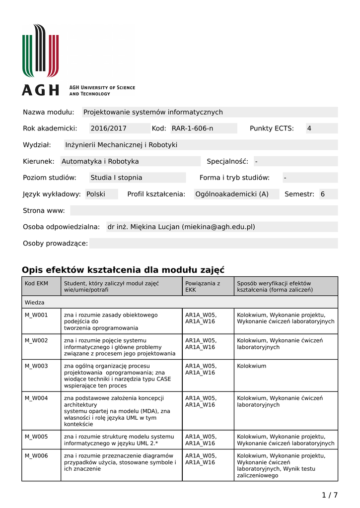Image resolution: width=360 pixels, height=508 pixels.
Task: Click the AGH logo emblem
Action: point(40,51)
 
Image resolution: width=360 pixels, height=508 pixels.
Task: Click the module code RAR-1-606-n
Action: point(192,128)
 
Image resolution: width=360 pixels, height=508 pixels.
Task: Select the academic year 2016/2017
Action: point(108,128)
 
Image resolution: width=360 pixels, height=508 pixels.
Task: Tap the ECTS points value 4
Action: point(309,128)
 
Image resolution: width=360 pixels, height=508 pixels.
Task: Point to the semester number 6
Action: point(323,194)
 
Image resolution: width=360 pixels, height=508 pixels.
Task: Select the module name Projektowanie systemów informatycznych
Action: point(153,112)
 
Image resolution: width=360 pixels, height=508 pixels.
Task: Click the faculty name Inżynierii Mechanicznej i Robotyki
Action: point(121,145)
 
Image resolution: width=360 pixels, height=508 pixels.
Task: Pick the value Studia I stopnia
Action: point(116,178)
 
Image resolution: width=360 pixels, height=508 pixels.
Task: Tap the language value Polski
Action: point(96,194)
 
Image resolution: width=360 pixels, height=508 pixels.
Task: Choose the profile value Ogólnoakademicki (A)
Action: point(231,194)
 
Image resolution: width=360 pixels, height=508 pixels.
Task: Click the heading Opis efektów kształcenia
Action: point(123,270)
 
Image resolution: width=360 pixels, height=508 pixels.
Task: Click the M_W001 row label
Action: point(36,315)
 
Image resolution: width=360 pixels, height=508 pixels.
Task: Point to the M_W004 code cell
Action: point(36,398)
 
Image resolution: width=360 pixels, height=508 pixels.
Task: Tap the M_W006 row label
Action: point(36,455)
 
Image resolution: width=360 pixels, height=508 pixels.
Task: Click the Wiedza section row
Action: point(35,302)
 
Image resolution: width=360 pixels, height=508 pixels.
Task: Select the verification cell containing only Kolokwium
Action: point(252,366)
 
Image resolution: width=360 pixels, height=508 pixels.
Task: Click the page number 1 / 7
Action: point(329,495)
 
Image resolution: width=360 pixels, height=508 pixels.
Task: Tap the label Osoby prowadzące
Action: point(55,243)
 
